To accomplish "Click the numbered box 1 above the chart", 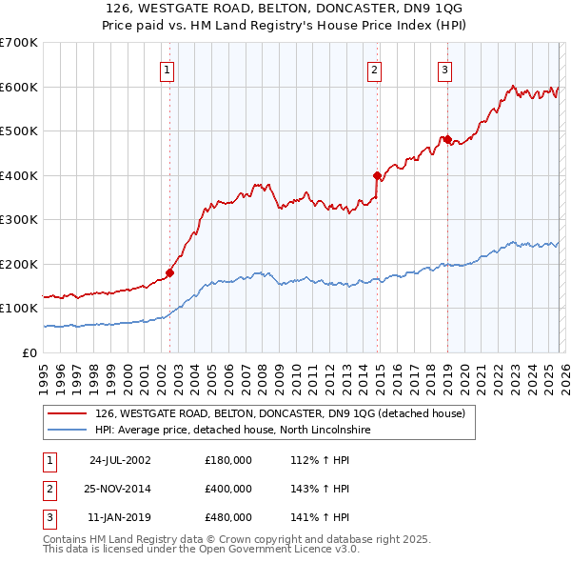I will click(x=167, y=69).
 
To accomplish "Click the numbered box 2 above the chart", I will click(x=375, y=69).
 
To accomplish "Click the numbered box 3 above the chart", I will click(x=444, y=69).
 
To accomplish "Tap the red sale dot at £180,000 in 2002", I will click(x=170, y=272).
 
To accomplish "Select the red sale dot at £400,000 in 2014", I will click(x=378, y=175).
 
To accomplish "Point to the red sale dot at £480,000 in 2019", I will click(x=447, y=140).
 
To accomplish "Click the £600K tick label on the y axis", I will click(x=19, y=87).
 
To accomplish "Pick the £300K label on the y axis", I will click(x=19, y=219).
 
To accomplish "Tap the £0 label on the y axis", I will click(x=30, y=352).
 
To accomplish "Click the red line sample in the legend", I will click(x=68, y=413).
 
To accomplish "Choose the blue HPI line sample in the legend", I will click(x=68, y=430).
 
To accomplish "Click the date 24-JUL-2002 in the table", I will click(x=120, y=460).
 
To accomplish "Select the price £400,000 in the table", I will click(x=228, y=489).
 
